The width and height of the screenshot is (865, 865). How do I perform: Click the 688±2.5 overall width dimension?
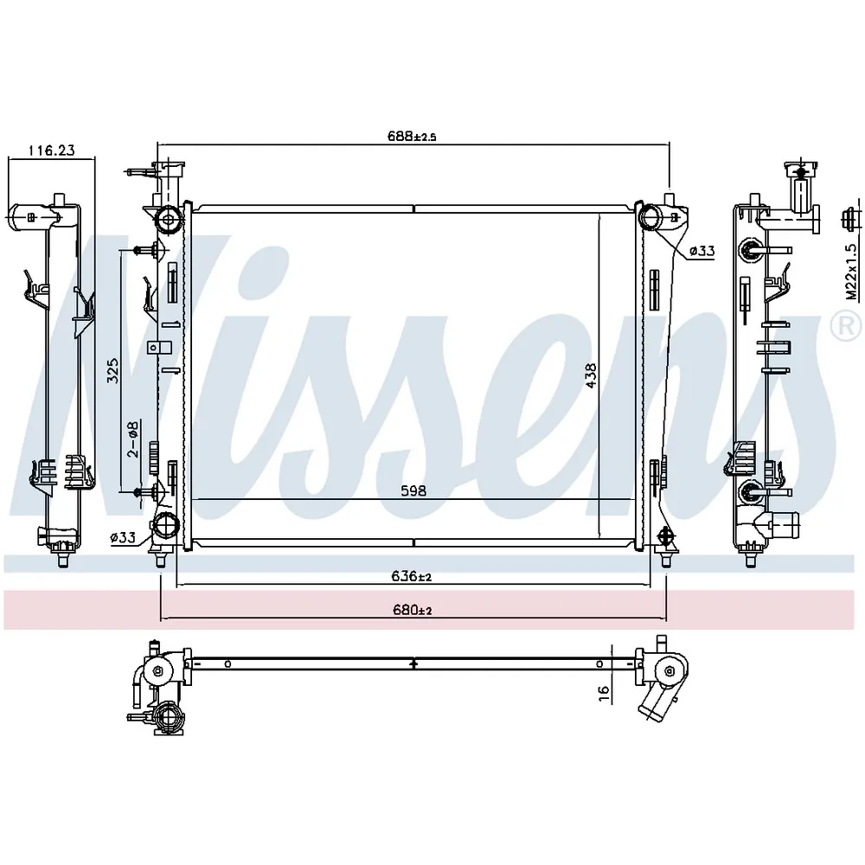pyautogui.click(x=412, y=136)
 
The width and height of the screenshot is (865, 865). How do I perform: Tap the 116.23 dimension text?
pyautogui.click(x=52, y=150)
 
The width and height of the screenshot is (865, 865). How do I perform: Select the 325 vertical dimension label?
pyautogui.click(x=112, y=371)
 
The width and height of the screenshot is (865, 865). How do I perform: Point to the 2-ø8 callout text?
pyautogui.click(x=133, y=439)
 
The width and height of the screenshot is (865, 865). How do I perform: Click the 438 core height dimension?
pyautogui.click(x=591, y=375)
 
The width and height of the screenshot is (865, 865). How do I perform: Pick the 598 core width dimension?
pyautogui.click(x=413, y=490)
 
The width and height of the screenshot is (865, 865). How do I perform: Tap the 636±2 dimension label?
pyautogui.click(x=411, y=576)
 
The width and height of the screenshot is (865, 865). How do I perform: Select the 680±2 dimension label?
pyautogui.click(x=412, y=610)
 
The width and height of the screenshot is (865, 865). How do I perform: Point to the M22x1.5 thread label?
pyautogui.click(x=852, y=272)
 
